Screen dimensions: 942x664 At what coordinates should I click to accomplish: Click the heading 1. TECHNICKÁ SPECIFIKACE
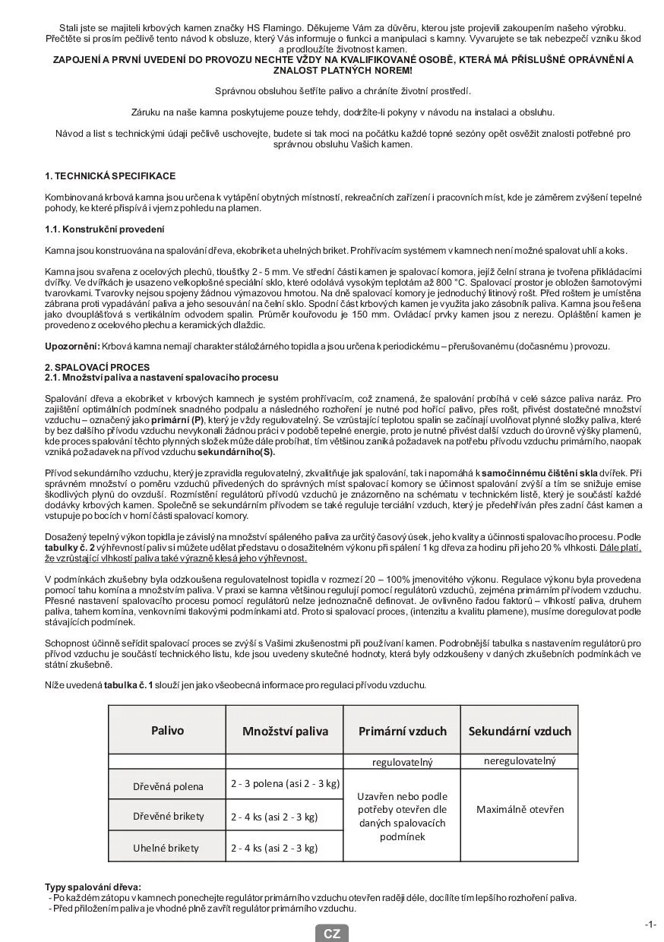(110, 176)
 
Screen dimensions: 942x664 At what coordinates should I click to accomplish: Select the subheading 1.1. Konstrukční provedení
(105, 229)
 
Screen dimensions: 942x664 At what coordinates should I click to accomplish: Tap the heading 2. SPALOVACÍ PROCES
(97, 367)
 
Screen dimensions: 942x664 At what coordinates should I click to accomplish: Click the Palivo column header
(167, 731)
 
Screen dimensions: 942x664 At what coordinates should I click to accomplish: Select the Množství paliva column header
(285, 732)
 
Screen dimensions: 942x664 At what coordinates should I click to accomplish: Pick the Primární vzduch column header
(402, 732)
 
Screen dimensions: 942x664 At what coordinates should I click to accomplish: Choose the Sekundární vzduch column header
(519, 732)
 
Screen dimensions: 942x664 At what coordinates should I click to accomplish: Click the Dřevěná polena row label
(168, 786)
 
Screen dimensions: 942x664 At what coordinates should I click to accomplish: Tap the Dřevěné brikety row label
(168, 817)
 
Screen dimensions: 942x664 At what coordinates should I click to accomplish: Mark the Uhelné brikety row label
(168, 848)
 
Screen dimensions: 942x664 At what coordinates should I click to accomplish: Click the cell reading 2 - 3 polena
(285, 783)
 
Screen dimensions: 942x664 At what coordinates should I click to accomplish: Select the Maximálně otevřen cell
(520, 809)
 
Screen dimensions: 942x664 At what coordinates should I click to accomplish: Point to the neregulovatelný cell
(520, 761)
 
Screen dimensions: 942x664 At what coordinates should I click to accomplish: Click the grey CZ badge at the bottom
(332, 934)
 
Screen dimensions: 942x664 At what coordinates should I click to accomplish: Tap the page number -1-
(650, 925)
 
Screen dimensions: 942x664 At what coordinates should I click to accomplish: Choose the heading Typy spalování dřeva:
(93, 887)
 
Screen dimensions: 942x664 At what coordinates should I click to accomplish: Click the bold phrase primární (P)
(177, 419)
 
